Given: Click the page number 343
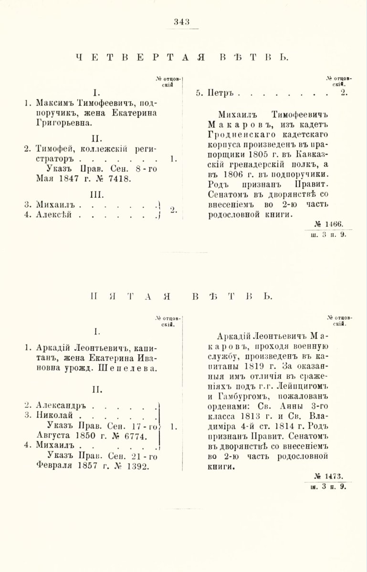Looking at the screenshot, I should [183, 21].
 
